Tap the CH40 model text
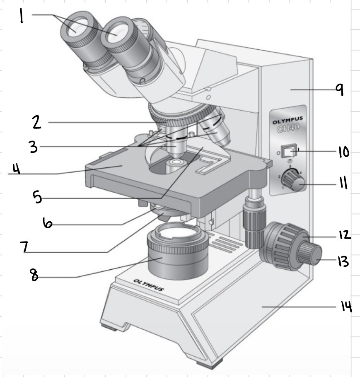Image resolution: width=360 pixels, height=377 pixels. pyautogui.click(x=288, y=129)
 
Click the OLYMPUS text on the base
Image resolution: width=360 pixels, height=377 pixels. pyautogui.click(x=148, y=285)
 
